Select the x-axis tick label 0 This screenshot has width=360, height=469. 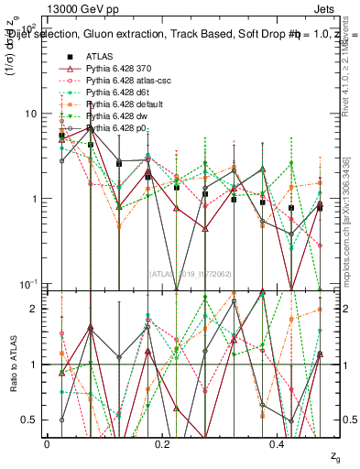click(46, 443)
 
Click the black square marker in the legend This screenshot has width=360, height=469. click(69, 57)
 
